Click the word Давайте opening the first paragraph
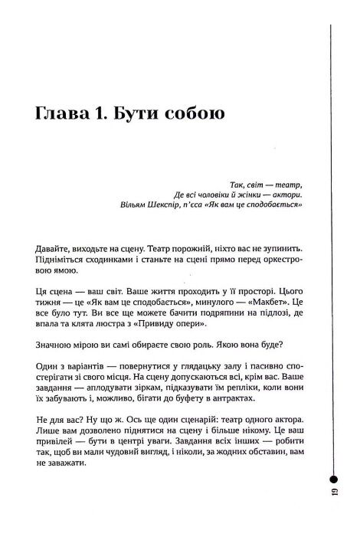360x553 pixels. (x=55, y=250)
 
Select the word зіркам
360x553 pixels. (x=153, y=407)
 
